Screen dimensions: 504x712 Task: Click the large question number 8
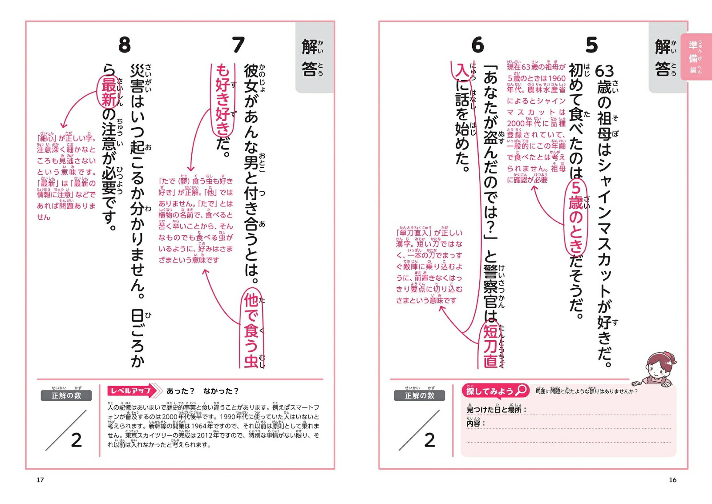[125, 45]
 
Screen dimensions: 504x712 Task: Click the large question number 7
[239, 45]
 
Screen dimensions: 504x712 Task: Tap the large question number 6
[477, 45]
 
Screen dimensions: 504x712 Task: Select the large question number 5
[591, 45]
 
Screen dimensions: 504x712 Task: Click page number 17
[40, 480]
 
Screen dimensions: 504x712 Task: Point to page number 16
[672, 480]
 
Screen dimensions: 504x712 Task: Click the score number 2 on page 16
[429, 440]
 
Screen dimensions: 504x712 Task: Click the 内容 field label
[474, 423]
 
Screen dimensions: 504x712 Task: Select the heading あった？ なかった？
[202, 391]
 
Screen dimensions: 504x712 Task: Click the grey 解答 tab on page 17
[314, 58]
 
